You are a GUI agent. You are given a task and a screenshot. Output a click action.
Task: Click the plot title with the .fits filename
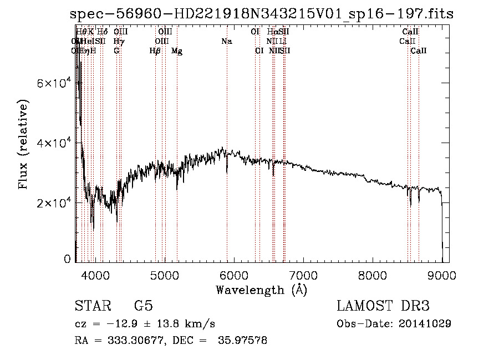coord(262,14)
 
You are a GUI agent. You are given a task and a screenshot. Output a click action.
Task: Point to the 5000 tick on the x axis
coord(164,276)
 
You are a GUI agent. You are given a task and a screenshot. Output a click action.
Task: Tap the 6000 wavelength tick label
coord(233,276)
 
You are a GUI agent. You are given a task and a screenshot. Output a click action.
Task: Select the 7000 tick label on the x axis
coord(303,276)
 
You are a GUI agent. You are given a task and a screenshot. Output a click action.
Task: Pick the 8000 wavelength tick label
coord(372,276)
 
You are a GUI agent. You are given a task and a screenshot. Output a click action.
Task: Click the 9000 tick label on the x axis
coord(441,276)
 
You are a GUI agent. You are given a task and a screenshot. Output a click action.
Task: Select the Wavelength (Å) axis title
coord(261,290)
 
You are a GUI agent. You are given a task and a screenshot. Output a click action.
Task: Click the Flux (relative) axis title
coord(24,144)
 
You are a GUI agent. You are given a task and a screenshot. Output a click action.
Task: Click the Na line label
coord(226,42)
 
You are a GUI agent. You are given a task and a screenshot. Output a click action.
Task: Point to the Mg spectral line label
coord(177,51)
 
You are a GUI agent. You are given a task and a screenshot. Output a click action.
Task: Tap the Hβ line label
coord(155,51)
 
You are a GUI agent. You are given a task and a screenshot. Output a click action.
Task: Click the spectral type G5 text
coord(143,306)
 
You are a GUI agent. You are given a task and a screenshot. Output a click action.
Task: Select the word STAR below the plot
coord(90,306)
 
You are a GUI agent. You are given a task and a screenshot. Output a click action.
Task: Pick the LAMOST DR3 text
coord(383,306)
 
